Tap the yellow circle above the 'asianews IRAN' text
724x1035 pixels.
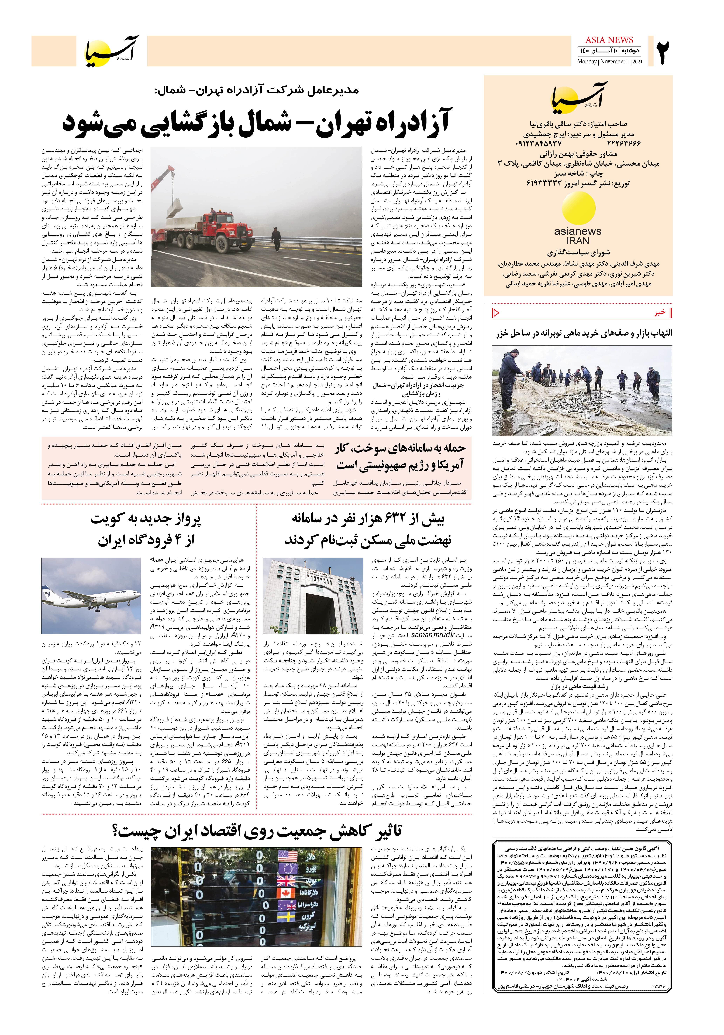pos(578,210)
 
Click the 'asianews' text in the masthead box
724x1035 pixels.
pos(578,231)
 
